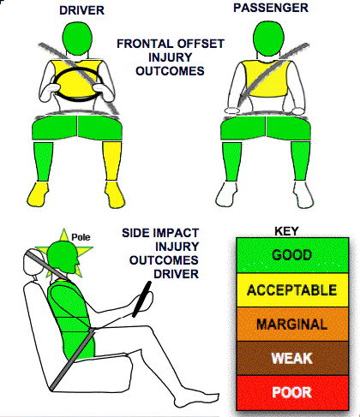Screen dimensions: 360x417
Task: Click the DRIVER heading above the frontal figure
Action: coord(81,10)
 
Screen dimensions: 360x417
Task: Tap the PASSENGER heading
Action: coord(271,8)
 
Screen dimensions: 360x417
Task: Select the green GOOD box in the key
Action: coord(292,255)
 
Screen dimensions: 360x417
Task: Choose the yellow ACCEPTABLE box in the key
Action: coord(292,290)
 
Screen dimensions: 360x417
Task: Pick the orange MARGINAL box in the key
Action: coord(292,325)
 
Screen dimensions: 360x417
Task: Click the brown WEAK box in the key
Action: coord(292,358)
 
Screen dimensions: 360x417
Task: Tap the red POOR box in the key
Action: coord(292,393)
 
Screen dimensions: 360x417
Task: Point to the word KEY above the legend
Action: coord(286,231)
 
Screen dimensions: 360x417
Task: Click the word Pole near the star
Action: coord(81,237)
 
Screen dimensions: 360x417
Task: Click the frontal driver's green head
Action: coord(77,39)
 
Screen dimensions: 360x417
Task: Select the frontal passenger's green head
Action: coord(268,39)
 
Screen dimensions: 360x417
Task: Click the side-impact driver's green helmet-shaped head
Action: coord(62,258)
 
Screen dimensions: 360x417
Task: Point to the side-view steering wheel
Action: coord(141,299)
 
